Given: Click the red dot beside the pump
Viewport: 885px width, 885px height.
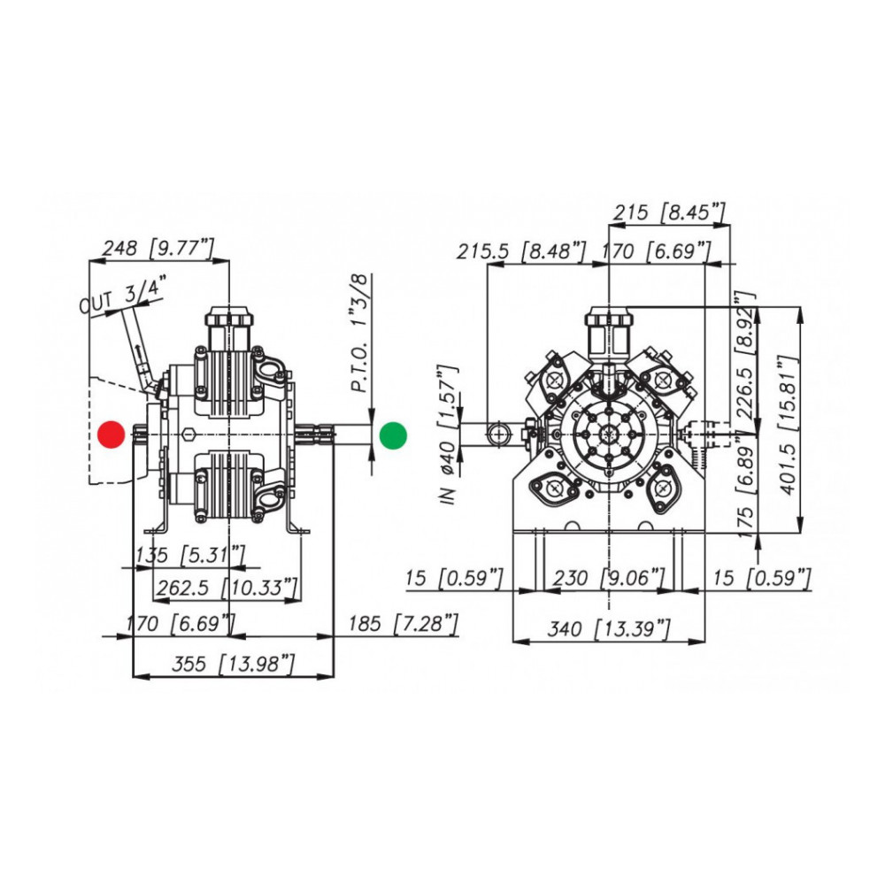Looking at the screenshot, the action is click(112, 435).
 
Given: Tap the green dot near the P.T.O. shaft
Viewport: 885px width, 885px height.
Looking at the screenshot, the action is click(393, 435).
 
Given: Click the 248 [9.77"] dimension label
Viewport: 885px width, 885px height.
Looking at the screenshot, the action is click(158, 248).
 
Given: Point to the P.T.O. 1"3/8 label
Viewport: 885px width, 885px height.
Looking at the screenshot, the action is click(360, 333).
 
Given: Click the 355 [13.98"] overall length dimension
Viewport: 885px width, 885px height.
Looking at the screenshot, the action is click(233, 663).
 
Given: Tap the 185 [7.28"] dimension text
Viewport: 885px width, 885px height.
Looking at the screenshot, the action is click(403, 623).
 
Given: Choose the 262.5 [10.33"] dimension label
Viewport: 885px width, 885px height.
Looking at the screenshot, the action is click(227, 588).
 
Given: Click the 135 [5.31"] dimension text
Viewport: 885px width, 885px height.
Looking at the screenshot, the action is click(190, 555).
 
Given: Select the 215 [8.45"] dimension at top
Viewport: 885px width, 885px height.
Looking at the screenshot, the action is click(669, 212).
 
